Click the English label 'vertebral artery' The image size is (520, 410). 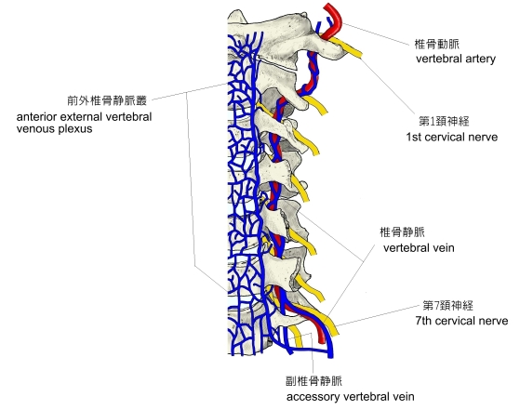pos(456,59)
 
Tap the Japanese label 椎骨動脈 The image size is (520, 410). pos(437,44)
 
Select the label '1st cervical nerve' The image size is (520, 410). pos(452,137)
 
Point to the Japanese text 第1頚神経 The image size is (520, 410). pos(444,121)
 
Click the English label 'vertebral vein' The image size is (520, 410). pos(419,248)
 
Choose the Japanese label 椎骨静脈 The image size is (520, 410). pos(402,232)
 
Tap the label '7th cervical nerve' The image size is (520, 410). pos(461,321)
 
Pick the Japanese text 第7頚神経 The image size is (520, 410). pos(448,305)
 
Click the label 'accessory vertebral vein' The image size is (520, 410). pos(350,397)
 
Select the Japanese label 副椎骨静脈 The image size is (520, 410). pos(313,381)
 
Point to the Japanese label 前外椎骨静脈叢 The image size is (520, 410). pos(107,100)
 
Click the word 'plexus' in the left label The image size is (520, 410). pos(75,129)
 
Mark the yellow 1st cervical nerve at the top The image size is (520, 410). pos(347,47)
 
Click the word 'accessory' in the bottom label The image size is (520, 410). pos(310,397)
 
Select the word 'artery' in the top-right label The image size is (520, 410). pos(480,60)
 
